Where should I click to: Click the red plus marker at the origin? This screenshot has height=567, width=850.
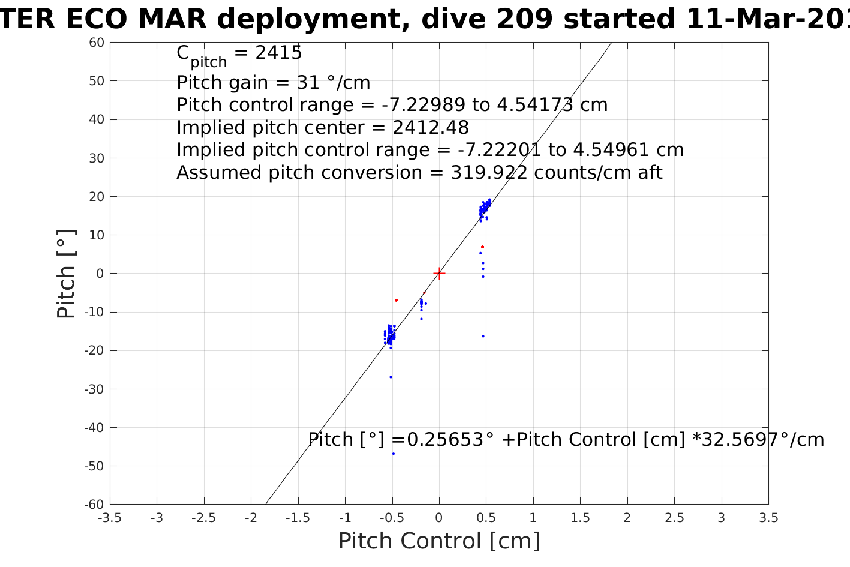pyautogui.click(x=439, y=274)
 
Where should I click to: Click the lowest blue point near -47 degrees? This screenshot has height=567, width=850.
pyautogui.click(x=394, y=454)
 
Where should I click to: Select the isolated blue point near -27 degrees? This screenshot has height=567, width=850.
pyautogui.click(x=391, y=377)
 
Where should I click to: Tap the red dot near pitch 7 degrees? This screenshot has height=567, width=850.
pyautogui.click(x=482, y=247)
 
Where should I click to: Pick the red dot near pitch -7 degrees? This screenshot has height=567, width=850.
pyautogui.click(x=396, y=300)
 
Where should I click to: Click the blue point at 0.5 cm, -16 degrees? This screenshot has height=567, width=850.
pyautogui.click(x=483, y=336)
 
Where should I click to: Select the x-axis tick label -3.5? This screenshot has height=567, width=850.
pyautogui.click(x=109, y=518)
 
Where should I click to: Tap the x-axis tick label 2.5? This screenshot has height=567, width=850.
pyautogui.click(x=674, y=518)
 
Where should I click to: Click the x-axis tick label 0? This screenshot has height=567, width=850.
pyautogui.click(x=439, y=518)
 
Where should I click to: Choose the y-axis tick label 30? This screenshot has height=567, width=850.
pyautogui.click(x=97, y=158)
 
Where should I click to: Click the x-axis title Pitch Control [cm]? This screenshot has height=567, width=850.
pyautogui.click(x=439, y=541)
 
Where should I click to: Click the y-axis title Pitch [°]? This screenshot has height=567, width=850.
pyautogui.click(x=66, y=274)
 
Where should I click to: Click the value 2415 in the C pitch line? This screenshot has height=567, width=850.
pyautogui.click(x=278, y=53)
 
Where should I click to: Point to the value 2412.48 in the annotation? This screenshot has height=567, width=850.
pyautogui.click(x=430, y=128)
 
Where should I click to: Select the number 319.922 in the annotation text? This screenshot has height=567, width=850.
pyautogui.click(x=489, y=173)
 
